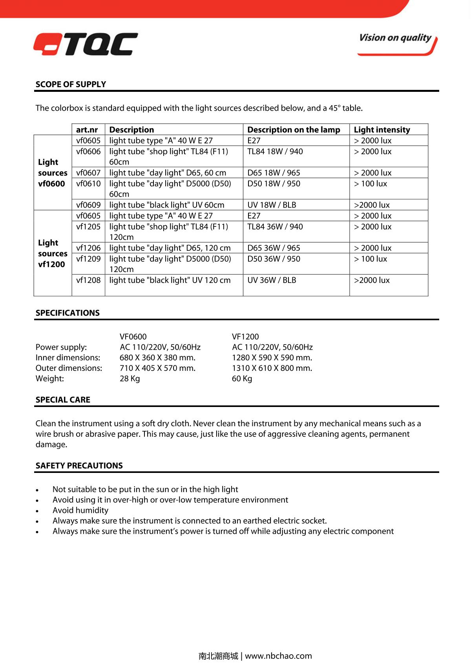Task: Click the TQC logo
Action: [x=86, y=44]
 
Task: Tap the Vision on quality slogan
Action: [x=396, y=38]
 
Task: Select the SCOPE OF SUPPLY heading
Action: [x=71, y=84]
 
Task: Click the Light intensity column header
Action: [x=382, y=130]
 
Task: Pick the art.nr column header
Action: [x=87, y=130]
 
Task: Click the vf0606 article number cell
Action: [x=88, y=151]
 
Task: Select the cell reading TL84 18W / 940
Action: [x=275, y=151]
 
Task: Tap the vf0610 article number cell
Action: [x=88, y=184]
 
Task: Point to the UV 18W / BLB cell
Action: [x=272, y=205]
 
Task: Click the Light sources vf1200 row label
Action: [x=53, y=254]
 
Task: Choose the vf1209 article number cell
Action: [x=88, y=259]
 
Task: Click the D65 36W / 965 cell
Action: [x=274, y=248]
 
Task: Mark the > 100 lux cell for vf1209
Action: [x=370, y=259]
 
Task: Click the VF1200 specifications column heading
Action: [x=245, y=337]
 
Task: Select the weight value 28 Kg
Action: [x=130, y=379]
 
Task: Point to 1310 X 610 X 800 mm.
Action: [x=272, y=368]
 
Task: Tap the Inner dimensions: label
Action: [x=68, y=358]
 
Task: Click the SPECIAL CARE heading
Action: [x=63, y=400]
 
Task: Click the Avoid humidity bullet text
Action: [x=80, y=510]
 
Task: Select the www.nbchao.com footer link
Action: [x=278, y=656]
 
